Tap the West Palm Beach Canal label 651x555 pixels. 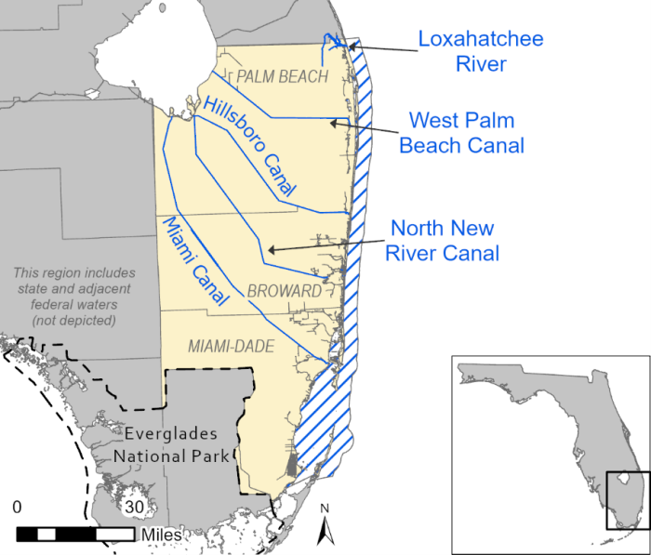462,133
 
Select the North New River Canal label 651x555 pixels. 442,240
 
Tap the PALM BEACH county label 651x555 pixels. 283,76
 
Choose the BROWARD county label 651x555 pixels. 284,291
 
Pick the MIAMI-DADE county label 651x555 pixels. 232,346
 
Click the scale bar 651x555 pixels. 74,533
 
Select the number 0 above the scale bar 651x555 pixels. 18,508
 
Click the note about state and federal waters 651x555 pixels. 73,297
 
